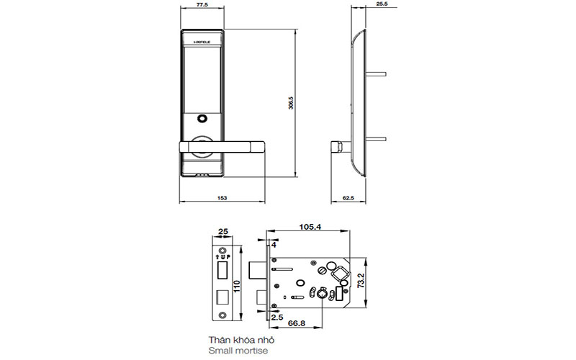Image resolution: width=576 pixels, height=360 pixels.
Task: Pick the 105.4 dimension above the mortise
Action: pyautogui.click(x=310, y=227)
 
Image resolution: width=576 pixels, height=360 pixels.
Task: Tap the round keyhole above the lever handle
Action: pyautogui.click(x=202, y=119)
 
